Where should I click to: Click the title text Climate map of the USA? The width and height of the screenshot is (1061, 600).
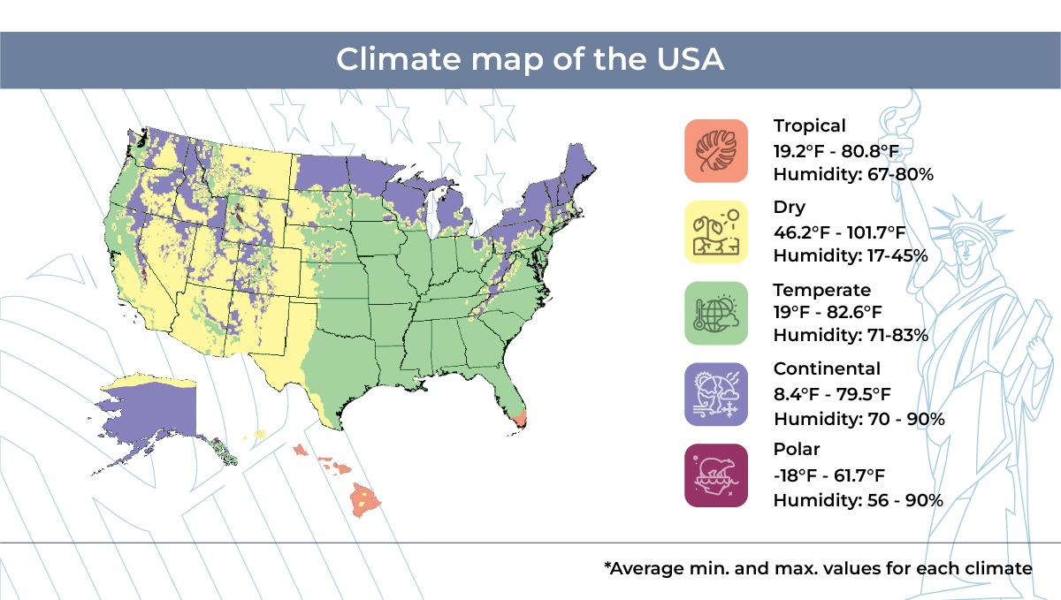(x=530, y=60)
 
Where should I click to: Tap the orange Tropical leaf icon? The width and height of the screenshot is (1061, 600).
(x=715, y=150)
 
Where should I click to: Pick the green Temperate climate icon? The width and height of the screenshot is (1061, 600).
(x=715, y=313)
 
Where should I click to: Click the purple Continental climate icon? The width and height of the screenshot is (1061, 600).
(x=715, y=394)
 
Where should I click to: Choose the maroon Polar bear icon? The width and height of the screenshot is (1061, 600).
(x=715, y=475)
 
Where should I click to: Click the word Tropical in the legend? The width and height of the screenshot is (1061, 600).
(x=809, y=125)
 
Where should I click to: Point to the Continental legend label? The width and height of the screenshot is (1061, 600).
(x=826, y=368)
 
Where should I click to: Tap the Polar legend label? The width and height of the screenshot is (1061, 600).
(x=796, y=450)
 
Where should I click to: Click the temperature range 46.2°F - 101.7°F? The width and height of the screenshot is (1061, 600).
(x=839, y=232)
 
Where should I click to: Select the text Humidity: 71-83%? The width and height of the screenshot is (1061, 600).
(x=850, y=336)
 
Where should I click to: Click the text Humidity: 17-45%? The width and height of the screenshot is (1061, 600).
(x=850, y=255)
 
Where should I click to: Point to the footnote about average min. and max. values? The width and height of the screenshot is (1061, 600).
(x=818, y=568)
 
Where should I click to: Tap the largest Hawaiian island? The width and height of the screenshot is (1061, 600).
(x=366, y=500)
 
